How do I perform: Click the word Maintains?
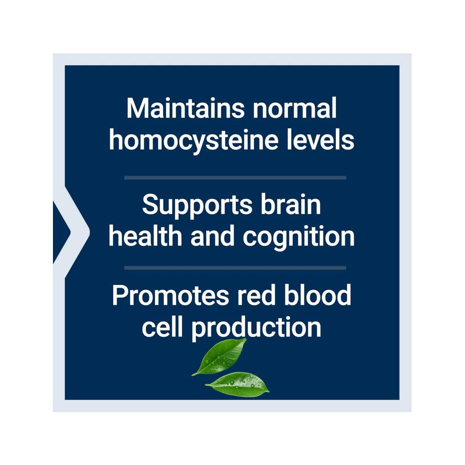point(185,108)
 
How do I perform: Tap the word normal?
point(294,108)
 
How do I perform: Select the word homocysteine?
point(193,140)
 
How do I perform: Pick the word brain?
point(291,204)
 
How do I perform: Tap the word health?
point(146,236)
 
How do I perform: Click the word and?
point(212,236)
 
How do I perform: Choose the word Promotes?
point(170,295)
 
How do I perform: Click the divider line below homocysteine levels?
point(235,178)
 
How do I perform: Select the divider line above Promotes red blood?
point(235,268)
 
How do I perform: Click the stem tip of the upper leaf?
point(192,375)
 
